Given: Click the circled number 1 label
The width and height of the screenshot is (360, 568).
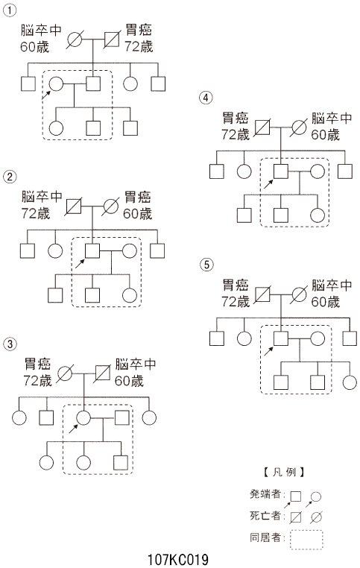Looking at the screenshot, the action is [x=10, y=10].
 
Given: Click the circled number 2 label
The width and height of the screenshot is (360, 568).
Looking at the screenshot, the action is [x=10, y=177].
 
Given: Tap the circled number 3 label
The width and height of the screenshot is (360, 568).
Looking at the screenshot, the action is [x=10, y=344].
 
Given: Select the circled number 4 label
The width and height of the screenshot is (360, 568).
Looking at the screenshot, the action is [x=206, y=98].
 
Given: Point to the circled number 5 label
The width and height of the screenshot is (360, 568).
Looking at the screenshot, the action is [x=206, y=265].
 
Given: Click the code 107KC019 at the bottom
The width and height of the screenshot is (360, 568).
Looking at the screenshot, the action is [x=178, y=560].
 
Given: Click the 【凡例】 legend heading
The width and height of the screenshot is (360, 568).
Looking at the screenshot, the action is [x=284, y=472].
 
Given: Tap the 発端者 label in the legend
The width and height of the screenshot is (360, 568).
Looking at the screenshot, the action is [x=265, y=494].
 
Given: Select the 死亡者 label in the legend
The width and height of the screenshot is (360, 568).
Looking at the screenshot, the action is [x=265, y=516].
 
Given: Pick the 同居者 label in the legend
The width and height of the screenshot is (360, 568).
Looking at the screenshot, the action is [x=265, y=537].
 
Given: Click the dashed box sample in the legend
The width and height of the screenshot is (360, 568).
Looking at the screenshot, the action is [x=306, y=531].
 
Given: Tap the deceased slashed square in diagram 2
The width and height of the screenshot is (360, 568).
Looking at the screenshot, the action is [x=74, y=206].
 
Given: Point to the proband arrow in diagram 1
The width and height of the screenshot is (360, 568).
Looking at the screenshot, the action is [x=46, y=95].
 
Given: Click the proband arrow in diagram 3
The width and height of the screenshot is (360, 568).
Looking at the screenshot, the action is [x=74, y=429].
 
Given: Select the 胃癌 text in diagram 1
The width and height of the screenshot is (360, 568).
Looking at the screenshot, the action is [x=139, y=30].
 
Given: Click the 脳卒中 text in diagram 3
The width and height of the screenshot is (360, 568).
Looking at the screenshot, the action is [x=135, y=364].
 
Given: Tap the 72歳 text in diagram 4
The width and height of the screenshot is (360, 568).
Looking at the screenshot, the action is [x=236, y=135].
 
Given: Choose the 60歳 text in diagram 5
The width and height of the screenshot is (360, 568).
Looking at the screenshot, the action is [x=325, y=302].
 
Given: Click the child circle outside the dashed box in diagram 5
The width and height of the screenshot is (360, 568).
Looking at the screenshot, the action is [x=350, y=382].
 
